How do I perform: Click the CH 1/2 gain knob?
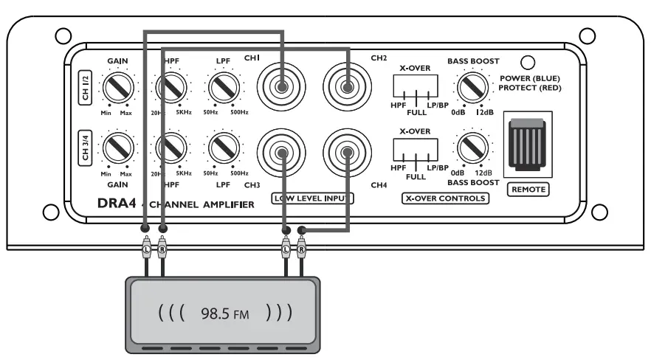(117, 89)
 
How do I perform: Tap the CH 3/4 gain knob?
(117, 148)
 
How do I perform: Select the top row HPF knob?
(172, 89)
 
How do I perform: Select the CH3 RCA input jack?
(281, 153)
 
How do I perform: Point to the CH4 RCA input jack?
(346, 153)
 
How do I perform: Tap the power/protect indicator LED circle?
(528, 64)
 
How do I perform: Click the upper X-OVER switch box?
(418, 88)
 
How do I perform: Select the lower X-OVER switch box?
(418, 149)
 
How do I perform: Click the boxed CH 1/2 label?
(84, 89)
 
